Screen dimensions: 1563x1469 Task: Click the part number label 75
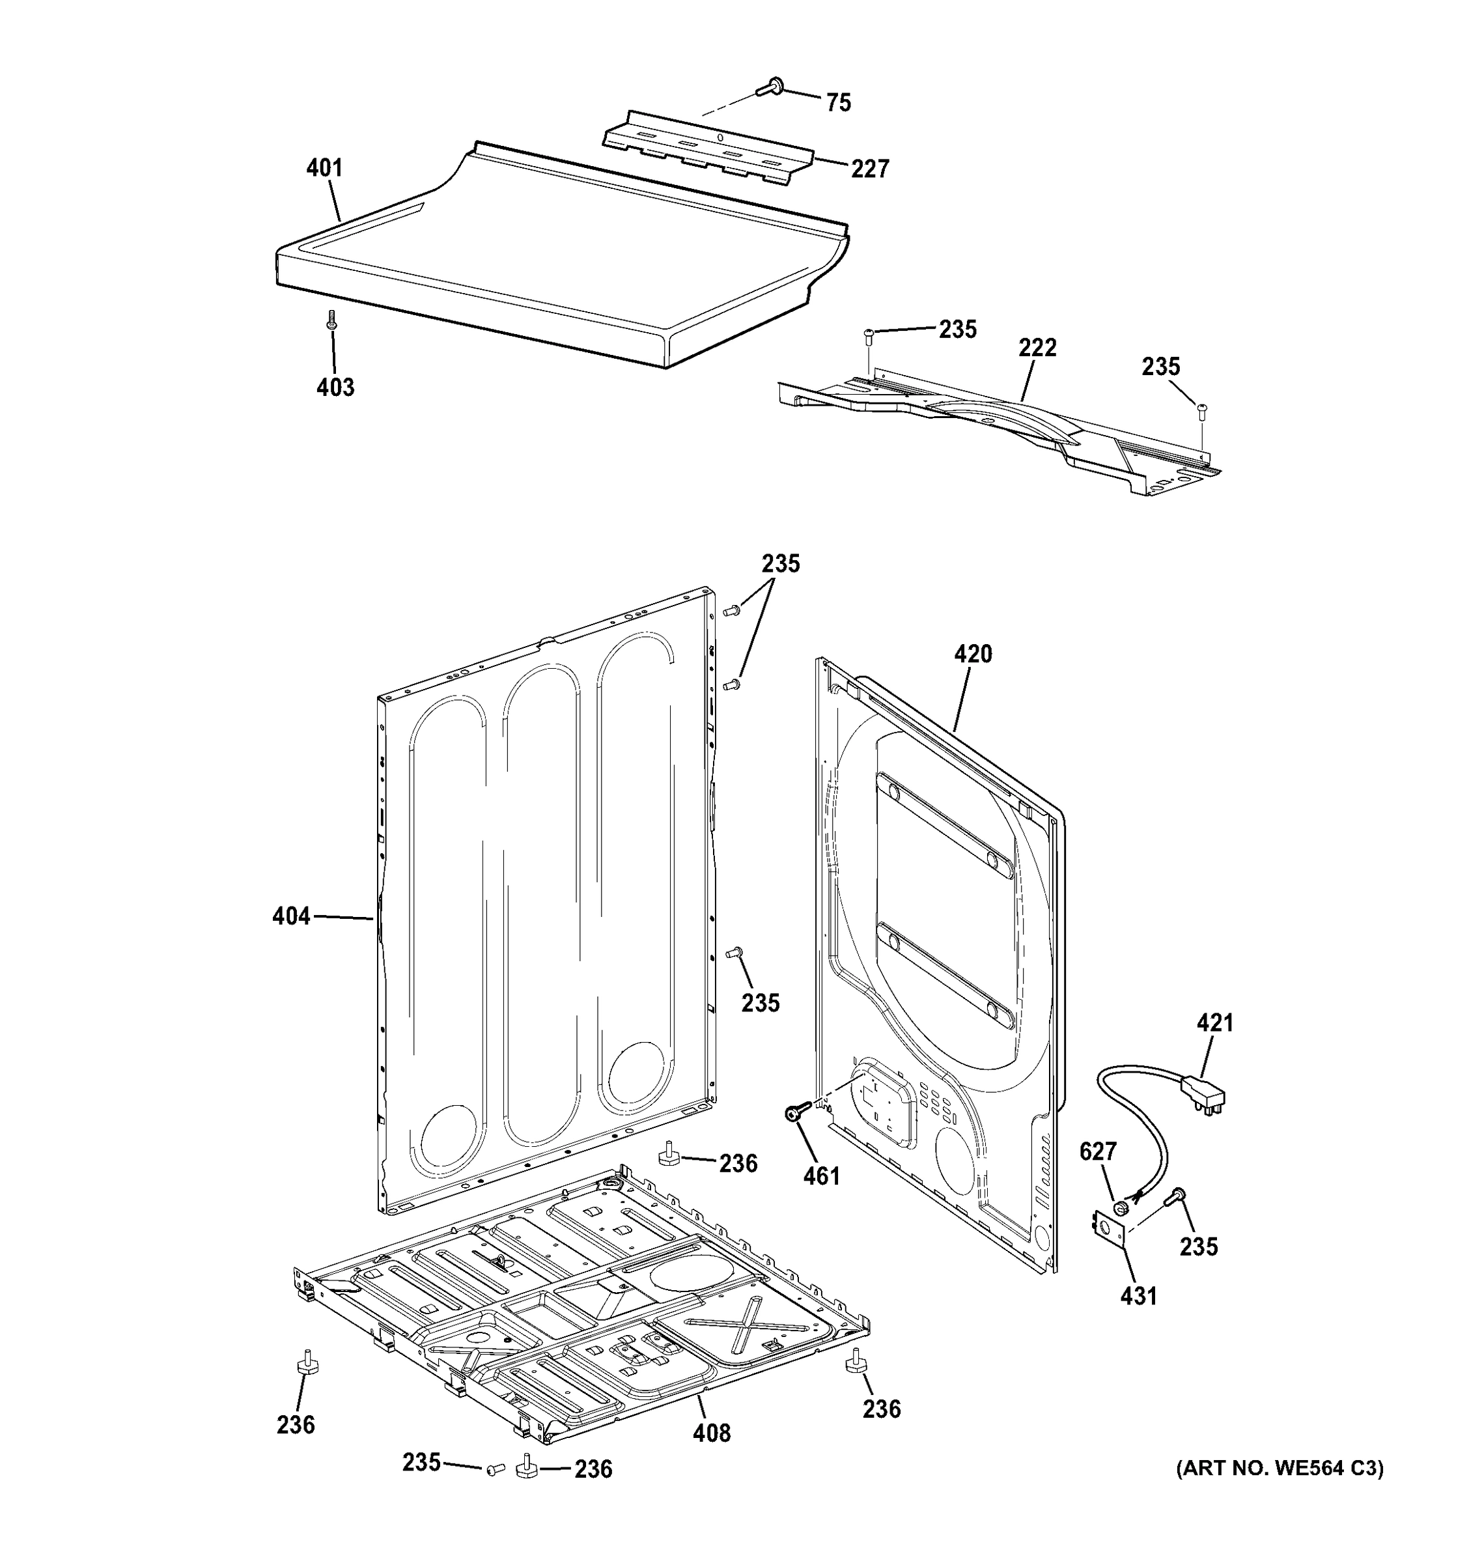[839, 103]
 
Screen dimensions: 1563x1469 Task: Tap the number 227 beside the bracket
[869, 169]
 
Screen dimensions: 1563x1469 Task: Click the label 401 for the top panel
[324, 168]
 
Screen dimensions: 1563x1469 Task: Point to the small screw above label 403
[331, 320]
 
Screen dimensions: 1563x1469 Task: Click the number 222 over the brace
[1037, 348]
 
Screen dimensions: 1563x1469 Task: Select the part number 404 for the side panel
[291, 916]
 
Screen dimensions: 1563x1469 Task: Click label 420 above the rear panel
[973, 654]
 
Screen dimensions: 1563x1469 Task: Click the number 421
[1215, 1024]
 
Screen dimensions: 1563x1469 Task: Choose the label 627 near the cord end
[1098, 1152]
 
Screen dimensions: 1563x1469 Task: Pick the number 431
[1138, 1297]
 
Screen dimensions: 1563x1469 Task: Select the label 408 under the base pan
[711, 1433]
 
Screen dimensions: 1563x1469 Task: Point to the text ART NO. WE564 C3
[1280, 1469]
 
